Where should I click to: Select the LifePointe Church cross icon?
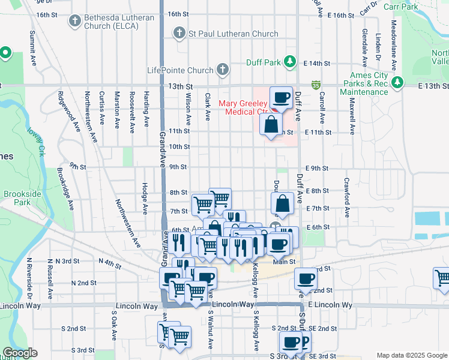222,70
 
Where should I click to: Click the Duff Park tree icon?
290,62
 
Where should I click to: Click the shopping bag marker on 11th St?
271,125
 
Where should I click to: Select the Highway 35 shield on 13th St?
315,86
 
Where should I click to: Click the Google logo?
20,353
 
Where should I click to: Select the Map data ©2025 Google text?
411,355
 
